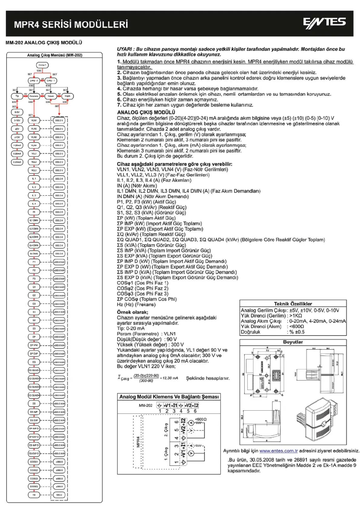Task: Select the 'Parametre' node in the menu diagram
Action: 34,96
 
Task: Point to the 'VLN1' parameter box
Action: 34,121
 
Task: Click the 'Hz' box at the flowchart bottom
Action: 34,494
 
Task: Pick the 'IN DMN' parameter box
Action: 34,253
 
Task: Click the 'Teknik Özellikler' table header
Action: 292,304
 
